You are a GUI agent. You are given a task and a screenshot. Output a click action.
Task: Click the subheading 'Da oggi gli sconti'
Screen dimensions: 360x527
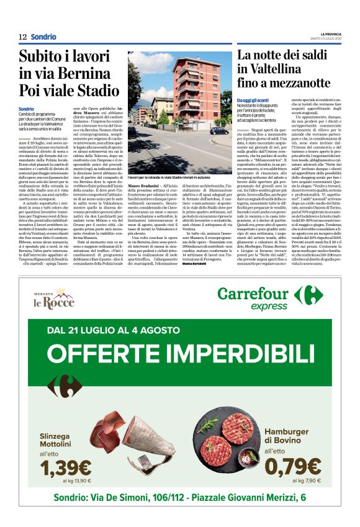pyautogui.click(x=256, y=100)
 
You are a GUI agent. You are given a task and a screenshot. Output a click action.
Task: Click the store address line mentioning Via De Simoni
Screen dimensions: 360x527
pyautogui.click(x=179, y=498)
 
